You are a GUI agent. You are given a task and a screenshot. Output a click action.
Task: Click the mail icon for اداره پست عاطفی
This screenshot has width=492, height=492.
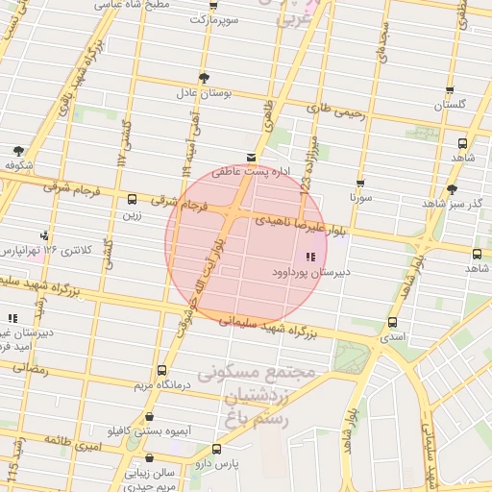click(251, 157)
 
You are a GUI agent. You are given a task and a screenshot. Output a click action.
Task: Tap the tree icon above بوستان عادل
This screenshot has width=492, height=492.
click(203, 78)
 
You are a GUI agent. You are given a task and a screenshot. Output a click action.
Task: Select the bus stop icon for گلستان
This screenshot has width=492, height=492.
click(450, 90)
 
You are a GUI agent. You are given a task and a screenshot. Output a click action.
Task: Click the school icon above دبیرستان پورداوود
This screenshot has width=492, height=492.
click(309, 257)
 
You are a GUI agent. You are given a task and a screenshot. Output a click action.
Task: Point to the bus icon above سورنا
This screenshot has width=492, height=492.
click(360, 183)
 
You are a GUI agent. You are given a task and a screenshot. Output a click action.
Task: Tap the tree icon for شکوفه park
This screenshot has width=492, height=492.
click(18, 151)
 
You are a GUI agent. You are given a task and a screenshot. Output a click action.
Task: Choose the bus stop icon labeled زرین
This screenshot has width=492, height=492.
click(132, 201)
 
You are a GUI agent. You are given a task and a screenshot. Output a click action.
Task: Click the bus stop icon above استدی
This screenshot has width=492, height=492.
click(392, 323)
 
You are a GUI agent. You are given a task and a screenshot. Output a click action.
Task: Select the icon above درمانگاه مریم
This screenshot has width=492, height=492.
click(160, 370)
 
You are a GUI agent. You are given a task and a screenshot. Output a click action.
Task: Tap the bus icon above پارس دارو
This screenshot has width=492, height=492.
click(216, 449)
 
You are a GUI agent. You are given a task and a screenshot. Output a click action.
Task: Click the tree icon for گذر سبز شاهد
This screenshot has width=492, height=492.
click(452, 189)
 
